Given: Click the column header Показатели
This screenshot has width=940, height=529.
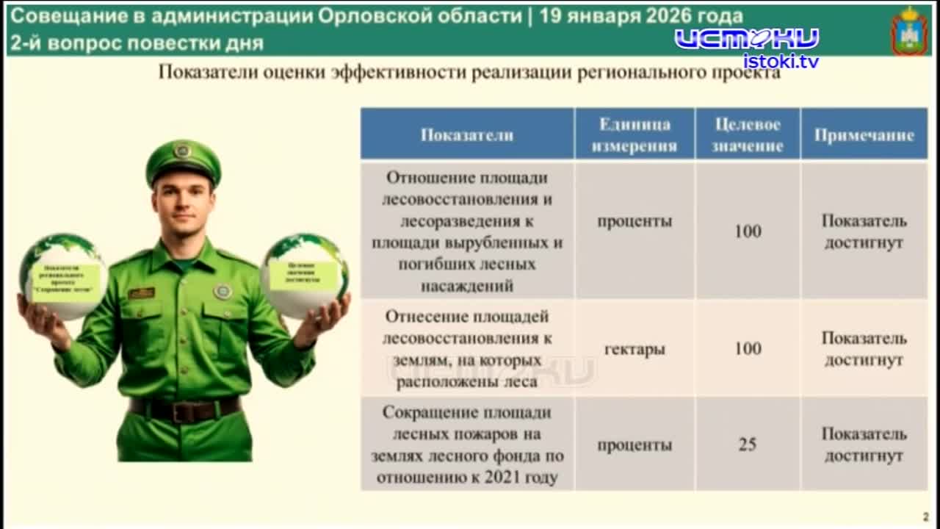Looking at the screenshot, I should click(466, 135).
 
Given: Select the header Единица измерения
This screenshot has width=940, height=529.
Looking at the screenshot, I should click(634, 134).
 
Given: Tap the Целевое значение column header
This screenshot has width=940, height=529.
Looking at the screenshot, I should click(747, 134).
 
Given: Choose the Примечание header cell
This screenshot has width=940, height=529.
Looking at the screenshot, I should click(864, 135).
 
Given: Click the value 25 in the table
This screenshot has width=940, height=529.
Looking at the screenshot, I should click(747, 445).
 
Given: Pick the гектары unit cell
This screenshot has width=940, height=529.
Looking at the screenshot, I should click(634, 349).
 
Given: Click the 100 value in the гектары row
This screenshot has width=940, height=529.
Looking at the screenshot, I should click(747, 348).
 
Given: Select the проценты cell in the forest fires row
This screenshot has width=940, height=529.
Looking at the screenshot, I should click(634, 445).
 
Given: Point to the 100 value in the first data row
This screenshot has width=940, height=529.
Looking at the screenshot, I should click(747, 231).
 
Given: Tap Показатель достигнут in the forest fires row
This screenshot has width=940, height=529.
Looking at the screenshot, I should click(864, 445).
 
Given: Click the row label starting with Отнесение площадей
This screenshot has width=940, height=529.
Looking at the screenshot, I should click(466, 349).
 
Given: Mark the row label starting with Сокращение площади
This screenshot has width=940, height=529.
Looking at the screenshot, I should click(466, 445).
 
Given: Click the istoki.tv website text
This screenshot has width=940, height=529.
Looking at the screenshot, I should click(780, 61).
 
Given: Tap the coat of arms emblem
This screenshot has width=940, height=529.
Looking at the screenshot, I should click(909, 31).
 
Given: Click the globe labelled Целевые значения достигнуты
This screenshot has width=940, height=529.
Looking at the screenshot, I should click(304, 275).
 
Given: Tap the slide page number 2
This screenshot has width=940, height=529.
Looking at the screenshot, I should click(925, 517).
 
